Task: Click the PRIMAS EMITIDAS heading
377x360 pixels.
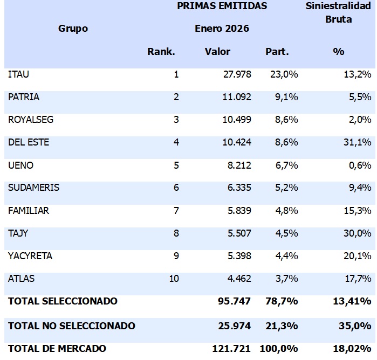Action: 222,6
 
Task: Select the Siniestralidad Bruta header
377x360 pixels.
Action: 339,13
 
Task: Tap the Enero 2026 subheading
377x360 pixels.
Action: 222,29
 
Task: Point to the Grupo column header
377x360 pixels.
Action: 73,29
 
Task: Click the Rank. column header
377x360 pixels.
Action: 161,52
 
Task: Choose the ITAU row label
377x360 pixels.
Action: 18,74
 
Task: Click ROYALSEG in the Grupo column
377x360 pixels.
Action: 31,120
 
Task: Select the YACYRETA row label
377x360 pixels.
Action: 30,256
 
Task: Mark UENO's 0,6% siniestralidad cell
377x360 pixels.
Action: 360,165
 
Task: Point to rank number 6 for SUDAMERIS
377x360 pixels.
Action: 176,188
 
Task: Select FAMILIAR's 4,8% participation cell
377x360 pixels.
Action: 284,211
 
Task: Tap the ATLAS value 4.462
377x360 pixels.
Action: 237,279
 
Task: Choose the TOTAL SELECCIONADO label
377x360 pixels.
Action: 63,301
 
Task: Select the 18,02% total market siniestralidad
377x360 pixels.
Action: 354,349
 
